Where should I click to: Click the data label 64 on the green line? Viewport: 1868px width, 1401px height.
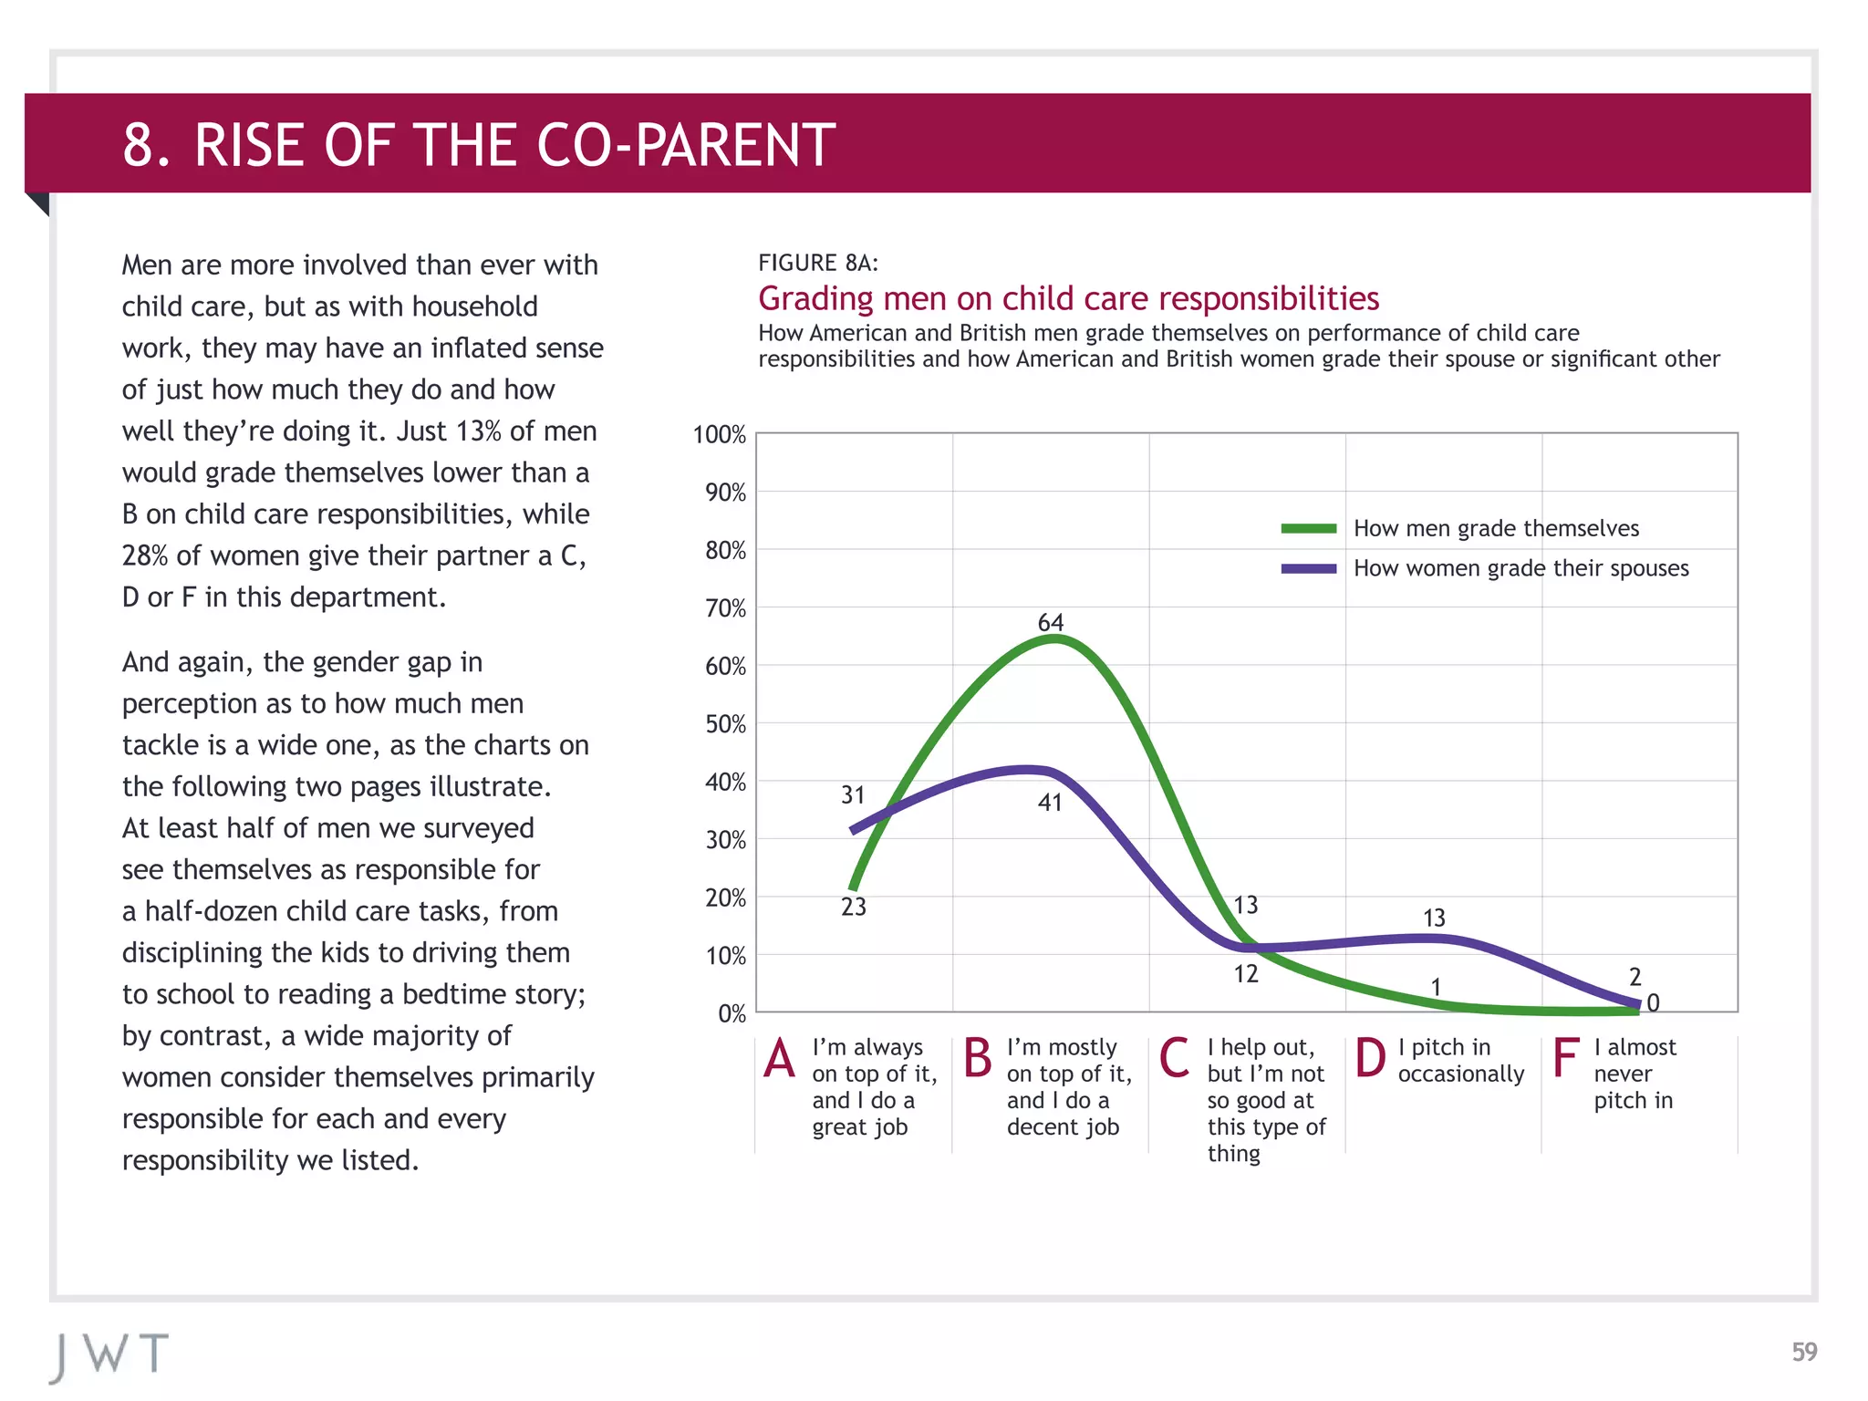[x=1050, y=623]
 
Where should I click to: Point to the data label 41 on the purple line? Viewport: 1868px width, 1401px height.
[x=1050, y=803]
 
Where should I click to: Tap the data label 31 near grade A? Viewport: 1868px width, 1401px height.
[x=852, y=795]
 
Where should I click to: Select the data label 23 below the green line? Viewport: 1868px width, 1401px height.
[x=853, y=907]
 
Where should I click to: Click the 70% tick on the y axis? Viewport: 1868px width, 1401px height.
[x=725, y=608]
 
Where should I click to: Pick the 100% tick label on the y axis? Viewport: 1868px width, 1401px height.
[x=719, y=435]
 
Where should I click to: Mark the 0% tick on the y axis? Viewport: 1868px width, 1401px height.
[x=731, y=1013]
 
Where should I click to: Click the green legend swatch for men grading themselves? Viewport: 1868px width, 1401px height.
[x=1308, y=529]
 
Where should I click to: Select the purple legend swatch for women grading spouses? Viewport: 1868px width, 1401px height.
[x=1308, y=569]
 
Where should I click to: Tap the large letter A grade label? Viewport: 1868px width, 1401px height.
[x=780, y=1059]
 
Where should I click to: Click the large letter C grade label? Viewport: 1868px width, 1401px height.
[x=1174, y=1059]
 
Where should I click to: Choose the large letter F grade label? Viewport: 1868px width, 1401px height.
[x=1564, y=1059]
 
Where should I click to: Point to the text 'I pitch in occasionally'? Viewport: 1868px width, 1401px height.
[x=1459, y=1061]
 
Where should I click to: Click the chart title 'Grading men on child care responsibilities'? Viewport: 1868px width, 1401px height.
[x=1068, y=299]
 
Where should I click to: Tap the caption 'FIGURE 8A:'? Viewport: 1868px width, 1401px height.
[x=817, y=264]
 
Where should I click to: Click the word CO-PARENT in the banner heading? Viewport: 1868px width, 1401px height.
[x=685, y=145]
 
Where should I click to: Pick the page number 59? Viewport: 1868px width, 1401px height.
[x=1803, y=1352]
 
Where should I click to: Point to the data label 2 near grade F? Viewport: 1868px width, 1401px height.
[x=1634, y=978]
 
